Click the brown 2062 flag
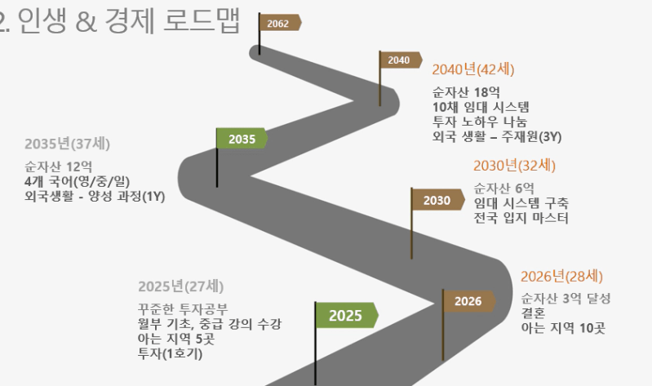(280, 24)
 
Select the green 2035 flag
(242, 139)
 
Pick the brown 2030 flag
(437, 200)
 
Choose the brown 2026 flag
(468, 301)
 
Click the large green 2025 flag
(346, 315)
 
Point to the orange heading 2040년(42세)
(473, 69)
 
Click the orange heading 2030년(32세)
(514, 166)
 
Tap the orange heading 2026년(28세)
(561, 276)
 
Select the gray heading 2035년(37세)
(68, 144)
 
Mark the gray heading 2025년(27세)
(181, 286)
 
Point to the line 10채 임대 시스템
(481, 108)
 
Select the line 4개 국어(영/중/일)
(78, 182)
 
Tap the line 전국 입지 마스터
(521, 218)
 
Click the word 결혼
(533, 313)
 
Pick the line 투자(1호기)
(170, 354)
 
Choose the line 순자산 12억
(59, 166)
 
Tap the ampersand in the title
(86, 22)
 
